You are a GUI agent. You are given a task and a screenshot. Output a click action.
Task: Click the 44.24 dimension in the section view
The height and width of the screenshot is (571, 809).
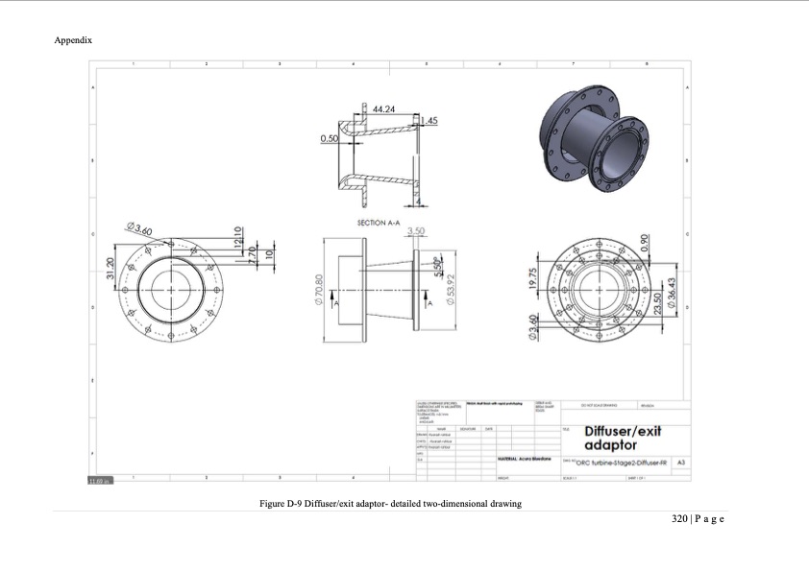click(x=383, y=109)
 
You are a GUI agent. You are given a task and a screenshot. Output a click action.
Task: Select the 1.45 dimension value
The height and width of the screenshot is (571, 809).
click(x=429, y=121)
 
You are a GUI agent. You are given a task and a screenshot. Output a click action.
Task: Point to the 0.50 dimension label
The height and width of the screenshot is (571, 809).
click(x=329, y=139)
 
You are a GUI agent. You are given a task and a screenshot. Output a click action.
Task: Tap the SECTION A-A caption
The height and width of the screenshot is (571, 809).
click(x=378, y=222)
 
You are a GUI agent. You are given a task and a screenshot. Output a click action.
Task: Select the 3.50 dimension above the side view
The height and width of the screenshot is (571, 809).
click(x=416, y=231)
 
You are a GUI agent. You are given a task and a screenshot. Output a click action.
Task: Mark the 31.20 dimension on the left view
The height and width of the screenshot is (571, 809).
click(x=110, y=270)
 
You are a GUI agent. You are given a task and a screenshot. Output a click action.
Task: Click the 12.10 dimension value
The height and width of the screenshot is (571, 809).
click(x=239, y=235)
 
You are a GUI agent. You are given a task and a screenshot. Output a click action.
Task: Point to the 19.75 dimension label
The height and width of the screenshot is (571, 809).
click(x=531, y=278)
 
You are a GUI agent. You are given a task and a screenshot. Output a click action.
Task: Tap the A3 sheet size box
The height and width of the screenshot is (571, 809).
click(x=681, y=463)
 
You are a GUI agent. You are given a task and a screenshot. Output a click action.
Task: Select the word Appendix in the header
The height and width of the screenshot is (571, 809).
click(x=73, y=40)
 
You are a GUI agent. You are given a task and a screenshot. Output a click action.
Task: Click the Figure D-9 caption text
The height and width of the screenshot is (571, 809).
click(x=390, y=504)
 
